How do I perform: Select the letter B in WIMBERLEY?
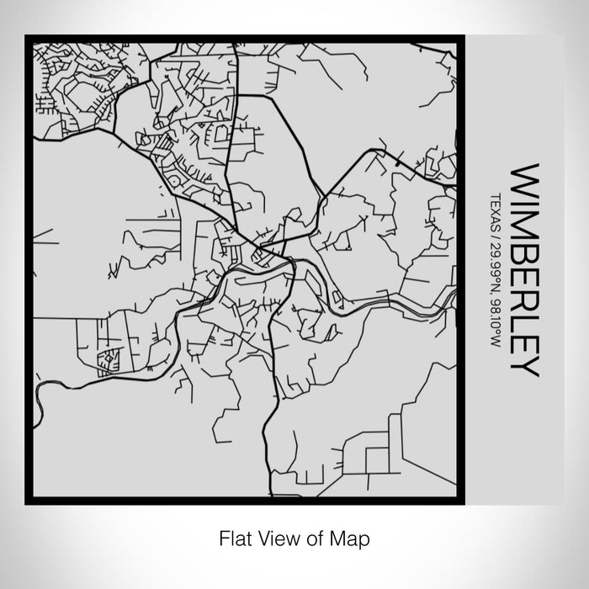click(x=523, y=257)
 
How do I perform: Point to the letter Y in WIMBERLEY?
click(x=523, y=363)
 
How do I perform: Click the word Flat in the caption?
click(x=233, y=536)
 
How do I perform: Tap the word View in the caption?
click(x=275, y=536)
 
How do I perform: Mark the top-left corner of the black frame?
click(x=28, y=37)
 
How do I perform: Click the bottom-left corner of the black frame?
click(x=28, y=501)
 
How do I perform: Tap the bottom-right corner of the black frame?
click(x=465, y=501)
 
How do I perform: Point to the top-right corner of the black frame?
click(x=465, y=37)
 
